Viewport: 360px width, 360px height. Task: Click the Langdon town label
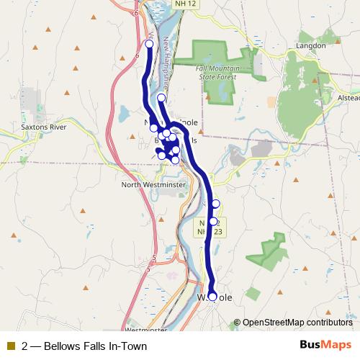(x=311, y=45)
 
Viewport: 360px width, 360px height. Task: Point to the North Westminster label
(x=153, y=184)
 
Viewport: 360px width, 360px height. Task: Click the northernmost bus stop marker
(x=150, y=44)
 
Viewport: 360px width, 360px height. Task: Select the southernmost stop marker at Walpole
(x=212, y=296)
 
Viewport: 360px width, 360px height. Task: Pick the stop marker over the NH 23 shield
(x=213, y=221)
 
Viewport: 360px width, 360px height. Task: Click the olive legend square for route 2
(x=10, y=346)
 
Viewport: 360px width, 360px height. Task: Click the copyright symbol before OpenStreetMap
(x=238, y=323)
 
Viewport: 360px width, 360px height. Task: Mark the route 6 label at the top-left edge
(x=135, y=12)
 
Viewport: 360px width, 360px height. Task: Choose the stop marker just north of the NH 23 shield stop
(x=215, y=204)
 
